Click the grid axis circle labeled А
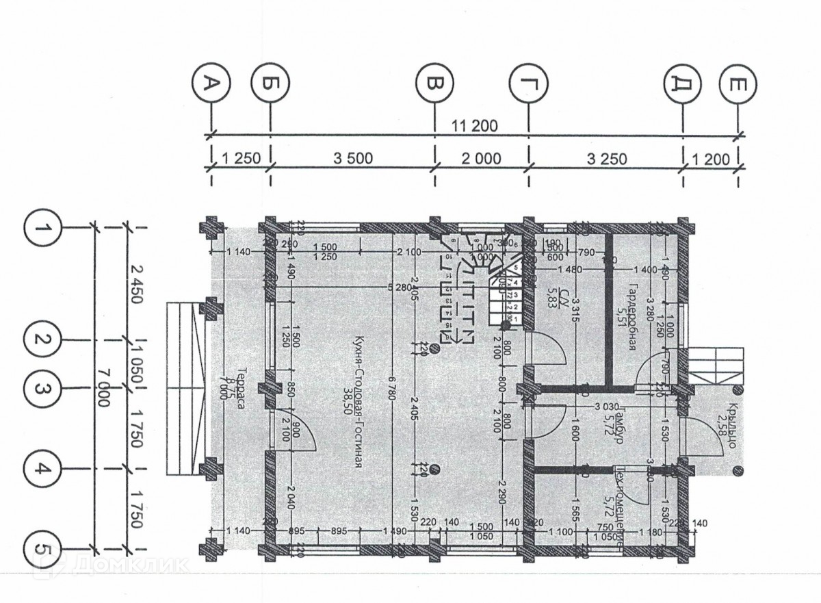pyautogui.click(x=212, y=84)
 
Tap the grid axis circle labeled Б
pyautogui.click(x=271, y=84)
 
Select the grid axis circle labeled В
pyautogui.click(x=435, y=84)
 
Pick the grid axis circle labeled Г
pyautogui.click(x=528, y=84)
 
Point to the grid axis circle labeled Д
pyautogui.click(x=682, y=84)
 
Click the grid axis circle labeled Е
pyautogui.click(x=738, y=84)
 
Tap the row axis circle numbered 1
pyautogui.click(x=43, y=228)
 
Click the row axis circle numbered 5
pyautogui.click(x=43, y=549)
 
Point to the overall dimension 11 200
pyautogui.click(x=475, y=126)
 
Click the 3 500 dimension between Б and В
pyautogui.click(x=352, y=159)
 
